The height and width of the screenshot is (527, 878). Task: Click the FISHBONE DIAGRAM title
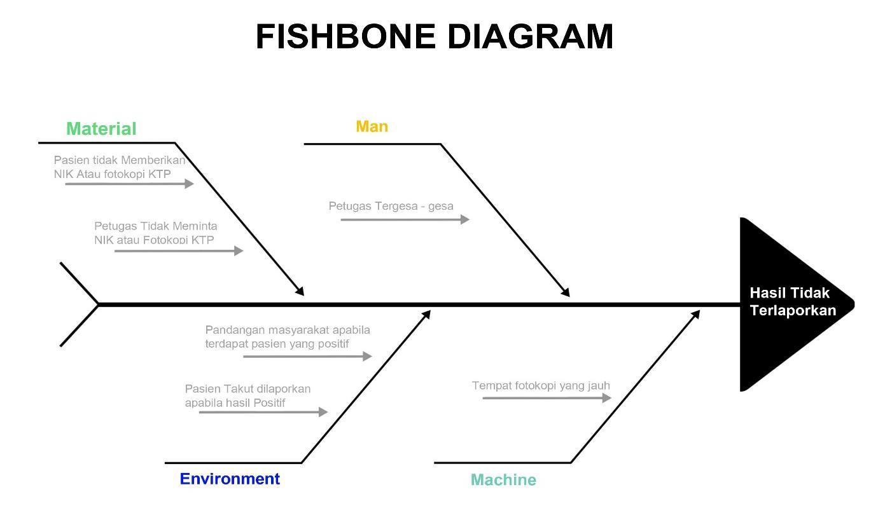[435, 36]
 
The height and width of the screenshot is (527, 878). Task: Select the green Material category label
[101, 129]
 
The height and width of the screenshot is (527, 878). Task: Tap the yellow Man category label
[372, 127]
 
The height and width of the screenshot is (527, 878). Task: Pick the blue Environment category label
[230, 479]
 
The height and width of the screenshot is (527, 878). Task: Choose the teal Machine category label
[503, 480]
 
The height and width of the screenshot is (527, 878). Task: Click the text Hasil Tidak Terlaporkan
[792, 301]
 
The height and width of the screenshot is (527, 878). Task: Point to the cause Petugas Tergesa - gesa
[391, 206]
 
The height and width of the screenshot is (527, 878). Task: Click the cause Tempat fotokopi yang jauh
[541, 385]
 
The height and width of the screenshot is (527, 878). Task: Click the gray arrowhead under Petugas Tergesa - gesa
[465, 219]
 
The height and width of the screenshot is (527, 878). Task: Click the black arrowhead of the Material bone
[300, 291]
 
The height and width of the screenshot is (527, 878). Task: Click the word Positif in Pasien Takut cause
[269, 403]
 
